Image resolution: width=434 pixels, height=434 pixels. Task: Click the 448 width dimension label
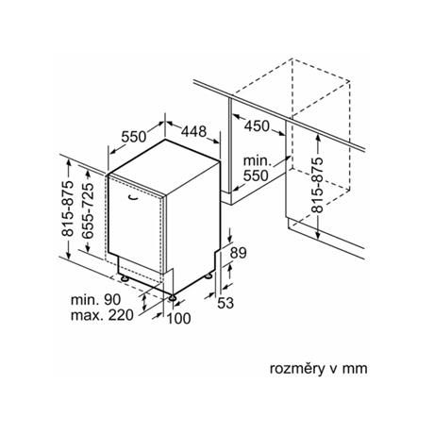pos(194,131)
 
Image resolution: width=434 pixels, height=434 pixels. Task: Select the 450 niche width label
pos(257,126)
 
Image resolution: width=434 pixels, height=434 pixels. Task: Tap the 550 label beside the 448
pos(134,137)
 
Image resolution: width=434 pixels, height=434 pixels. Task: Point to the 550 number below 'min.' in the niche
pos(256,175)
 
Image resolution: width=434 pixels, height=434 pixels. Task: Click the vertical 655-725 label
pos(87,210)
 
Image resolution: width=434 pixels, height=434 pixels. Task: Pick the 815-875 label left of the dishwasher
pos(67,209)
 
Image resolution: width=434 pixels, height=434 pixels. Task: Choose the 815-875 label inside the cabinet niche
pos(317,185)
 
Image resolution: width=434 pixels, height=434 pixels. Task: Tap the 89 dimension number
pos(238,253)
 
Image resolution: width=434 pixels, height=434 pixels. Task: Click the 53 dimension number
pos(225,303)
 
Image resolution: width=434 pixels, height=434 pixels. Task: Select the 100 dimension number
pos(178,318)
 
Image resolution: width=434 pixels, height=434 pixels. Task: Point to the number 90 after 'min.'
pos(112,299)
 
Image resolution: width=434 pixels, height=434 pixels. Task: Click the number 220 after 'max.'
pos(121,315)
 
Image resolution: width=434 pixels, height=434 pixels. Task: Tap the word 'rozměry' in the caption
pos(297,369)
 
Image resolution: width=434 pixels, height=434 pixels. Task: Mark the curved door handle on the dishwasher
pos(133,197)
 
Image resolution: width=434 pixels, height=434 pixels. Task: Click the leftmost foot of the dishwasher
pos(125,278)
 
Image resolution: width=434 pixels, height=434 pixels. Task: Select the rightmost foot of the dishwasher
pos(209,275)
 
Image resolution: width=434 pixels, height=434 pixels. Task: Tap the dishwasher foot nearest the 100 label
pos(173,297)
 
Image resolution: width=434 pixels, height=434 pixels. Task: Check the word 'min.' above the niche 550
pos(257,161)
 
